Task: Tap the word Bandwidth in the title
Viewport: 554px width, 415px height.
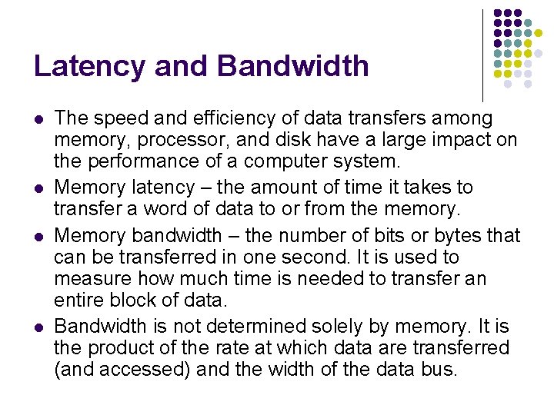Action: coord(293,66)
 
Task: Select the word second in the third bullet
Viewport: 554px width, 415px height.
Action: coord(302,257)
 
